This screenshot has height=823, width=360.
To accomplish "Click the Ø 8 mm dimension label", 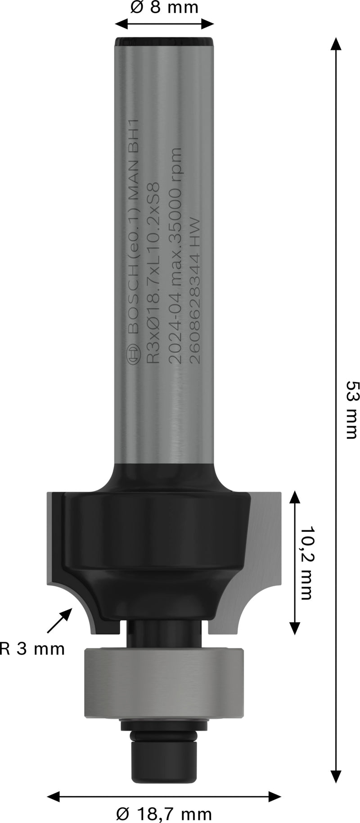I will point(164,8).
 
